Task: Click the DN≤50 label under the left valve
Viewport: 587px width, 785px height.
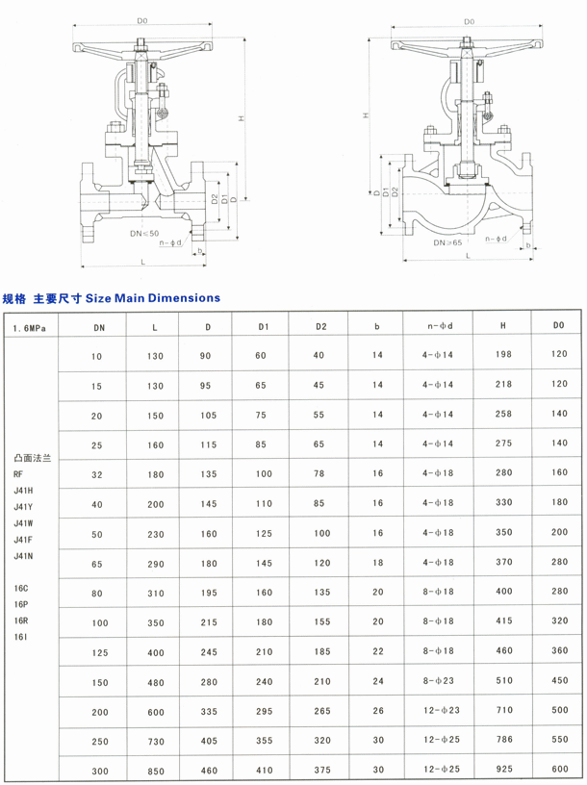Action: tap(144, 234)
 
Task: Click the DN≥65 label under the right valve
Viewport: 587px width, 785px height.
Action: tap(447, 242)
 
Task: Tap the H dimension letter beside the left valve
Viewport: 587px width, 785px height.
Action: tap(241, 118)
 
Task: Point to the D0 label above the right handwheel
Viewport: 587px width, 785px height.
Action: tap(469, 21)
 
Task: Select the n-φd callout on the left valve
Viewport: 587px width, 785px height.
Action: tap(170, 242)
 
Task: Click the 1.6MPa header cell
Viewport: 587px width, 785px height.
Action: tap(30, 328)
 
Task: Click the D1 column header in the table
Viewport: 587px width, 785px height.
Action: tap(264, 327)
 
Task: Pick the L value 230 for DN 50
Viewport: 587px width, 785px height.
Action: tap(156, 534)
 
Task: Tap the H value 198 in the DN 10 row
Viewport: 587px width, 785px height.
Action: tap(504, 354)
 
